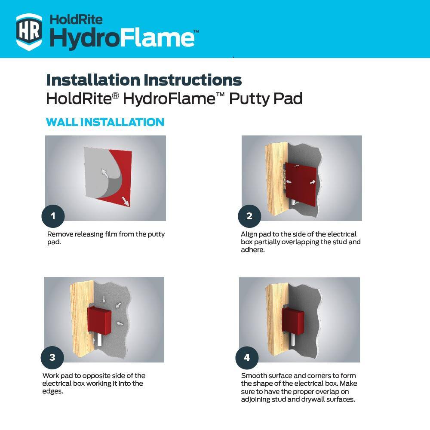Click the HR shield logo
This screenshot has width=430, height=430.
pos(29,31)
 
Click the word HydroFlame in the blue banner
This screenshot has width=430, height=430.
pos(122,37)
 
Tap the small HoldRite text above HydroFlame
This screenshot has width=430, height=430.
pos(76,19)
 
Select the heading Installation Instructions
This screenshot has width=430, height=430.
pos(144,80)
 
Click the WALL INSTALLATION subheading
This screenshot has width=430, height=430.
pos(105,122)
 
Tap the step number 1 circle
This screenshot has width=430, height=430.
pos(53,216)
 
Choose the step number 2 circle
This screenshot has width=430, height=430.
pos(249,216)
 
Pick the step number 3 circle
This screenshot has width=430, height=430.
pos(52,357)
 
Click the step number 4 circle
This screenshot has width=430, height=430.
pos(247,357)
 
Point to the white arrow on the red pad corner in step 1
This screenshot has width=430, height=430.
pos(126,201)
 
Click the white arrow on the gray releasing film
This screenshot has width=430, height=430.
pos(104,173)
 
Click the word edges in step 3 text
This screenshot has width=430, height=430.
pos(52,391)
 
